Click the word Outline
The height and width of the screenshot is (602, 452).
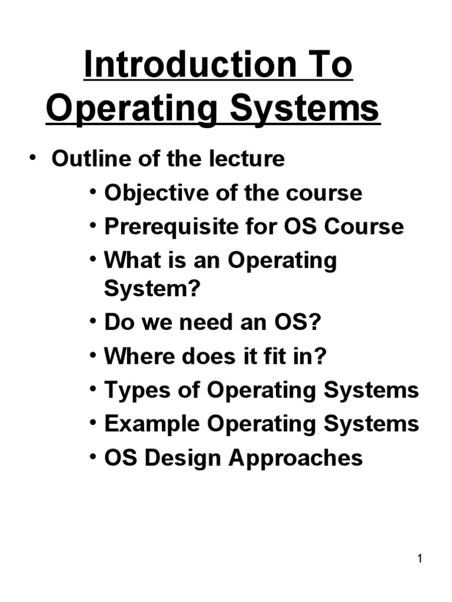pyautogui.click(x=86, y=159)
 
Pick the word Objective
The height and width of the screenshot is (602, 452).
pyautogui.click(x=145, y=193)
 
